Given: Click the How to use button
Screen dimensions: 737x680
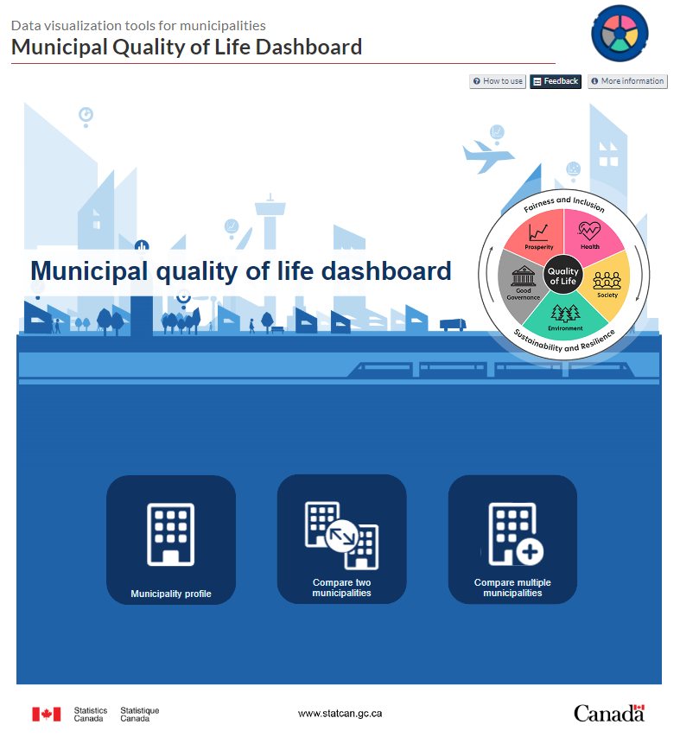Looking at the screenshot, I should [x=498, y=81].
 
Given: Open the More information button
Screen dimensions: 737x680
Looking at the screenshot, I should [x=627, y=81].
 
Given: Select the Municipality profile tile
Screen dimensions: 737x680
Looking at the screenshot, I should [x=171, y=539].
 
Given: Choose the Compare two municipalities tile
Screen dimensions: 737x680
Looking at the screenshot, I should [x=341, y=539].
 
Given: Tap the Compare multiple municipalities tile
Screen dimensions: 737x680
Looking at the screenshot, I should [x=512, y=539].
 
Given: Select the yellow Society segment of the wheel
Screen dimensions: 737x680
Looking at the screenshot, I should [x=608, y=285].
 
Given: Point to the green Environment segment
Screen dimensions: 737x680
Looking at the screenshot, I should [x=565, y=316].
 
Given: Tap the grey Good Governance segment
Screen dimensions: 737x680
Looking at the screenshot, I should [x=521, y=282].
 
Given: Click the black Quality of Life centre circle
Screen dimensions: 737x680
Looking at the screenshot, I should [x=563, y=276].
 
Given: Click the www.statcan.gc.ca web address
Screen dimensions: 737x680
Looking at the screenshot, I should [x=340, y=714].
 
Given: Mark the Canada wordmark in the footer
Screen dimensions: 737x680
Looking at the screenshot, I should [x=609, y=713].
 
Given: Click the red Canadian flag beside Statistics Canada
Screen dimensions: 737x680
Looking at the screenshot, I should [x=47, y=714].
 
